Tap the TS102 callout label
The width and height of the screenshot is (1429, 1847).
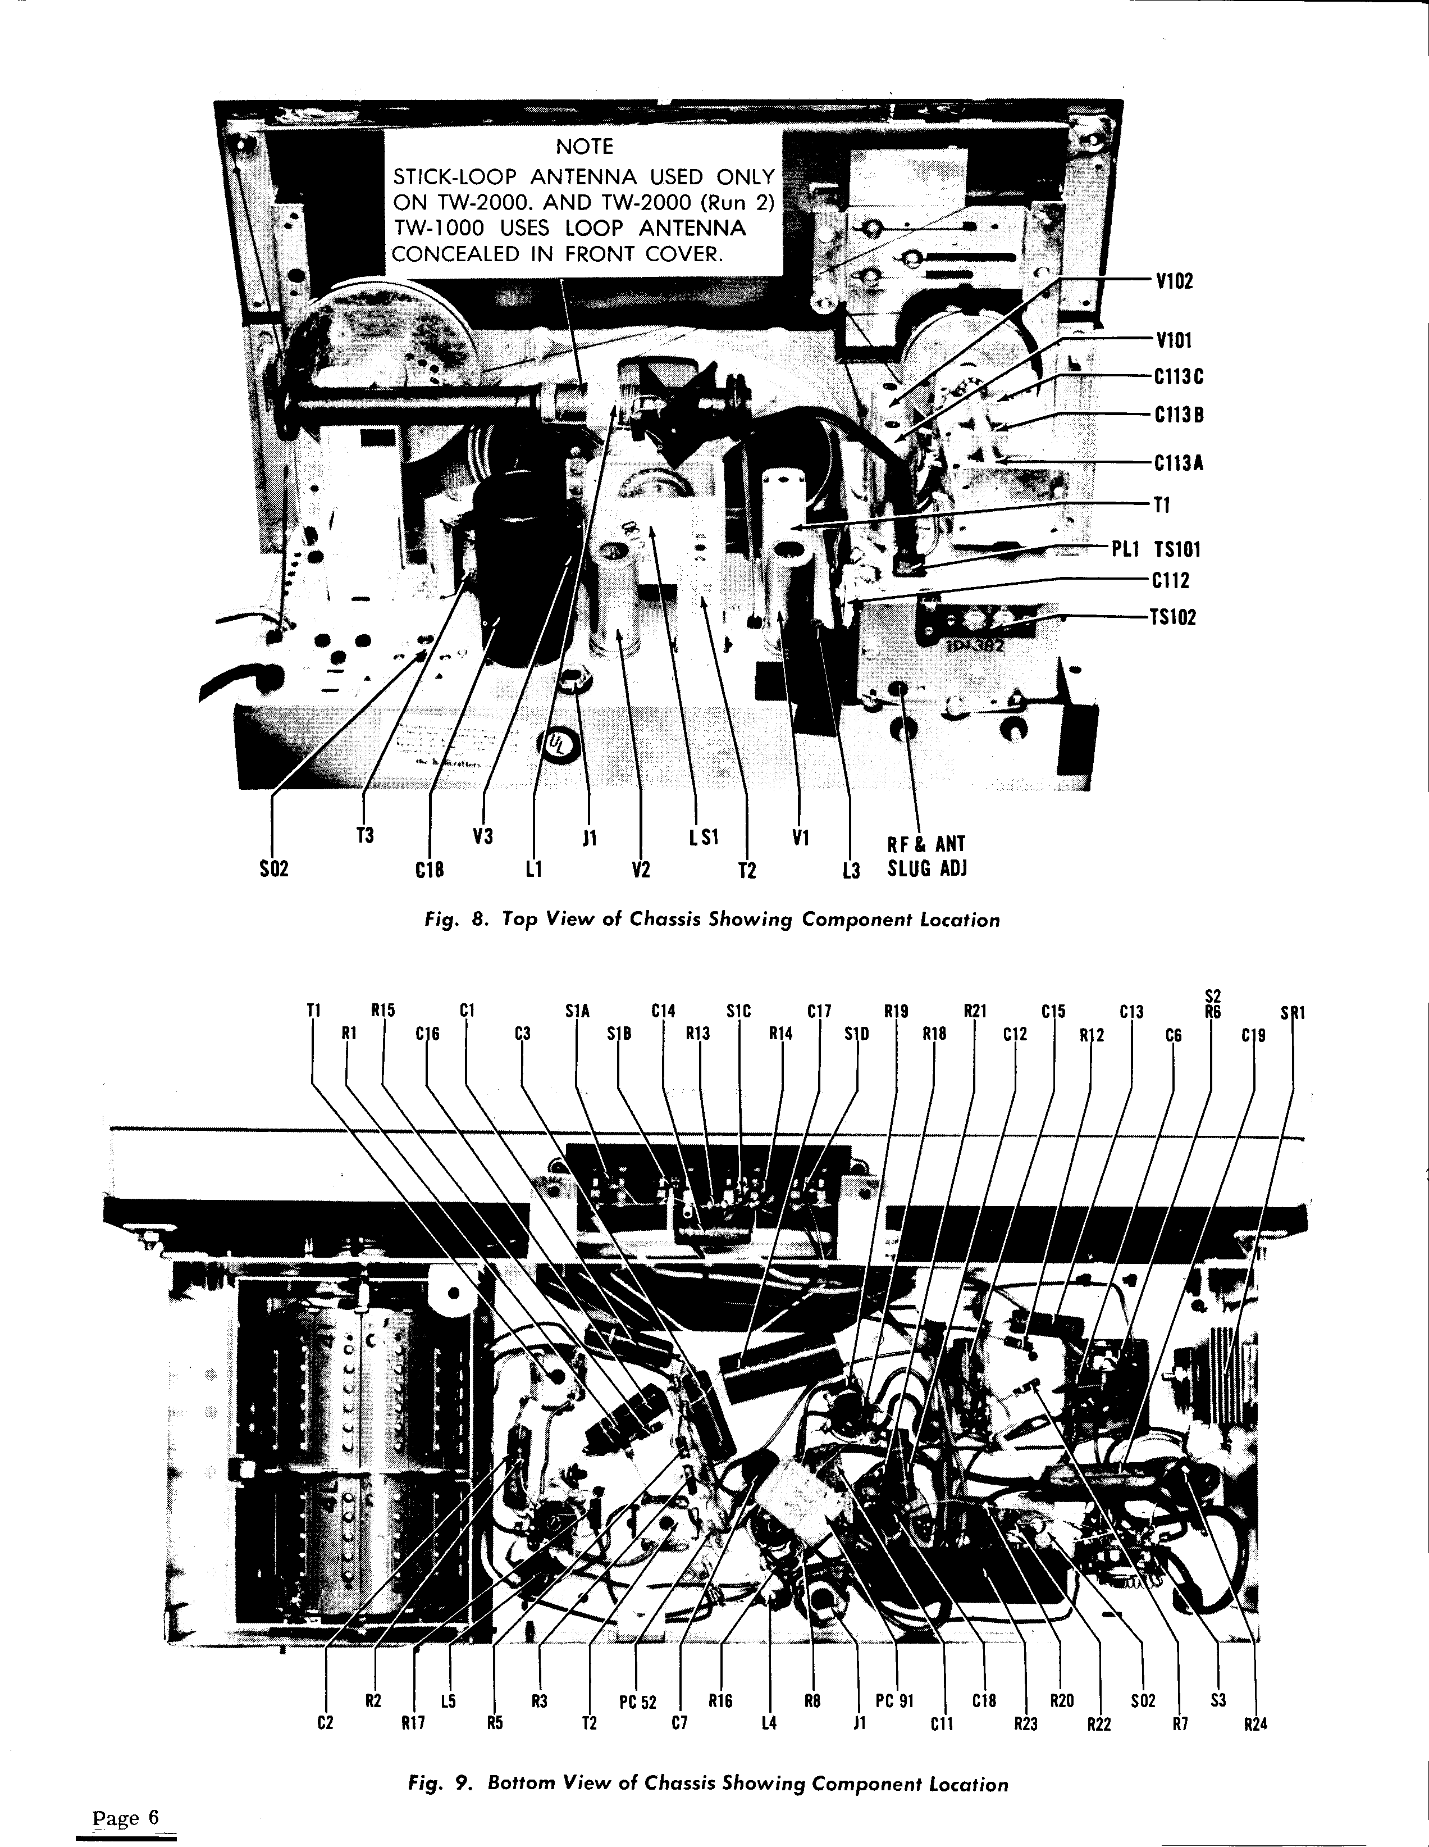[1173, 617]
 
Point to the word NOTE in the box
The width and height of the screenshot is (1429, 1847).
[585, 147]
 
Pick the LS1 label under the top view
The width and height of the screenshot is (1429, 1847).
[704, 837]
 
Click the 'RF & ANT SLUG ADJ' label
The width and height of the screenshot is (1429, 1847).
[926, 856]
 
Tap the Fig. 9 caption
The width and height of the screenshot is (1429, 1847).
[707, 1783]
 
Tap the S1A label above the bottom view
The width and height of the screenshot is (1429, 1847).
[577, 1010]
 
